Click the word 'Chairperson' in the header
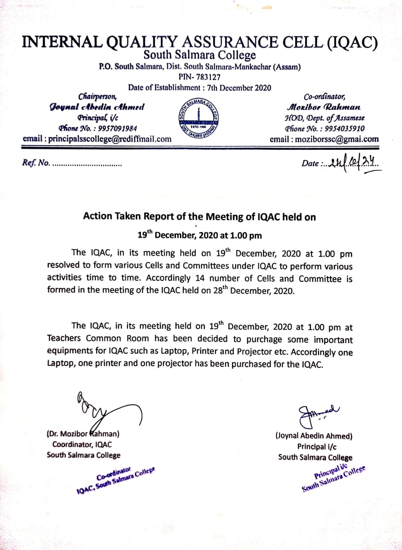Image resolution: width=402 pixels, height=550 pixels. coord(98,96)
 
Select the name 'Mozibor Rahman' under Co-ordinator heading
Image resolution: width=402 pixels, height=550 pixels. coord(324,107)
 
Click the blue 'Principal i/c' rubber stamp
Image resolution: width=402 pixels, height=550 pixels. coord(333,478)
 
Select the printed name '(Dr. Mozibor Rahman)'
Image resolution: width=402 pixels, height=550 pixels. coord(83,434)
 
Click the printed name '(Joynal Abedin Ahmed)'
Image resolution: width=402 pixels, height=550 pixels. coord(314,436)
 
